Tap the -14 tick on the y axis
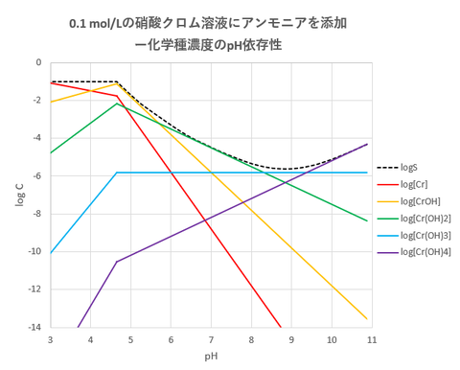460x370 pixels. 35,327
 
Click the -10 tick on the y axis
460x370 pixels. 35,251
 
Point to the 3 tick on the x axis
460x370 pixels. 50,338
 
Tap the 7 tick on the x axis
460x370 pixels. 210,338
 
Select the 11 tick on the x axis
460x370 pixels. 370,338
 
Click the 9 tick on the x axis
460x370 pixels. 290,338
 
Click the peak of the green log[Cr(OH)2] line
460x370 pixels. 117,103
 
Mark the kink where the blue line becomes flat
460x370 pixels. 117,173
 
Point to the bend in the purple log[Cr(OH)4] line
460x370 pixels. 117,262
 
